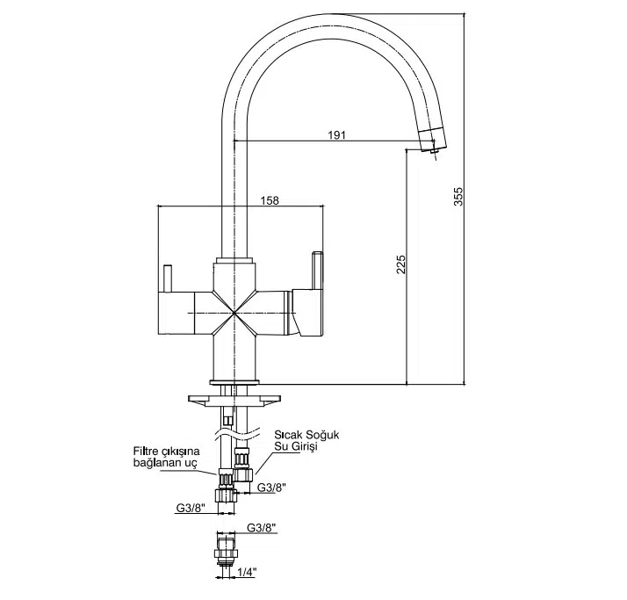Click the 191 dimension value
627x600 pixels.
pyautogui.click(x=336, y=134)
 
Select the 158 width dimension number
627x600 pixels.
pyautogui.click(x=270, y=200)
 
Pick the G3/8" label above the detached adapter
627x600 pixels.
pyautogui.click(x=262, y=528)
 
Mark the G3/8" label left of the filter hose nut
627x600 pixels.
pyautogui.click(x=191, y=508)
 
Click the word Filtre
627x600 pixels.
pyautogui.click(x=148, y=451)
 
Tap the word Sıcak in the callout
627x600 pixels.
pyautogui.click(x=290, y=435)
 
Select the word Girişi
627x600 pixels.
pyautogui.click(x=302, y=447)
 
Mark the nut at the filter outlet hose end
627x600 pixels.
pyautogui.click(x=227, y=481)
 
